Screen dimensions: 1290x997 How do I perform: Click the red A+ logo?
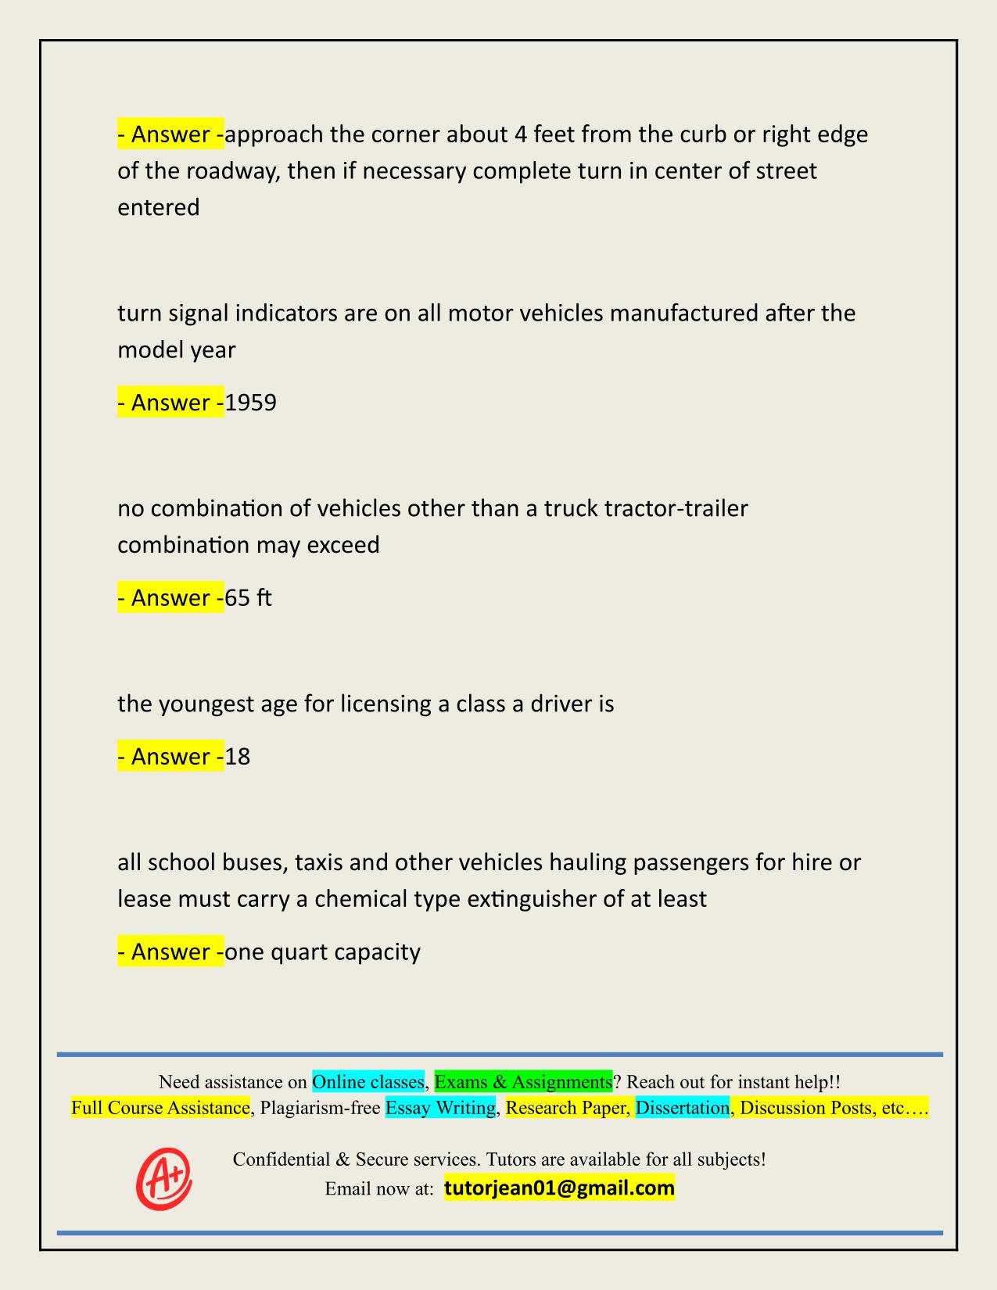tap(163, 1178)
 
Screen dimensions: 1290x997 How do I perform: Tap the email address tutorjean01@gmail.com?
tap(559, 1188)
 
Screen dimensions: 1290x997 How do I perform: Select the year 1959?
tap(250, 403)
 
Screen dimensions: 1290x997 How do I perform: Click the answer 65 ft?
tap(248, 598)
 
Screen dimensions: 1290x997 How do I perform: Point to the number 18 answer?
tap(237, 757)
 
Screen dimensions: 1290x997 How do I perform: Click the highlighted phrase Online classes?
tap(368, 1082)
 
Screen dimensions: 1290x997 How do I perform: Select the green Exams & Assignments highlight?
tap(523, 1082)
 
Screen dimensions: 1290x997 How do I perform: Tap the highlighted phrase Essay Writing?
tap(441, 1108)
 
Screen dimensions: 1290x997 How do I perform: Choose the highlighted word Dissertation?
tap(682, 1108)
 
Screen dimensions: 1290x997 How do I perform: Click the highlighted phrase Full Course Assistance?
tap(160, 1108)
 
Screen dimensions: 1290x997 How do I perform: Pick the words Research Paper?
tap(568, 1108)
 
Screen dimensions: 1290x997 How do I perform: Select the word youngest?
tap(204, 704)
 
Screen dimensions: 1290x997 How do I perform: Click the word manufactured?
tap(683, 314)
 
